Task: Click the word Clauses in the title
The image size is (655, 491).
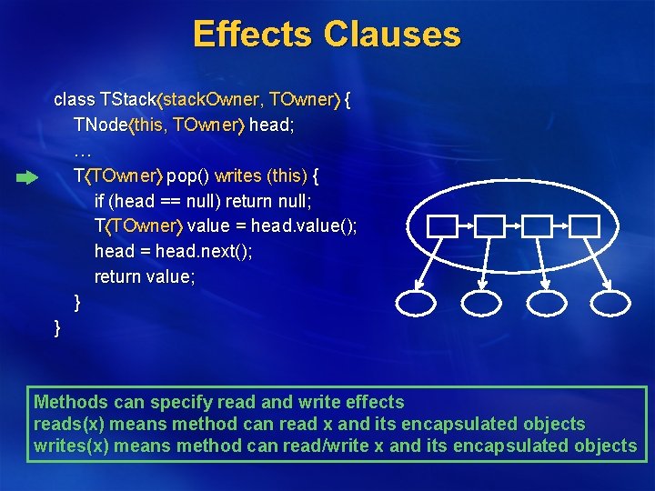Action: pos(391,34)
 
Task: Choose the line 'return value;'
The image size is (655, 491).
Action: pos(145,276)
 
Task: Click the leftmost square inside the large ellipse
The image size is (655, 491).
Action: pos(442,226)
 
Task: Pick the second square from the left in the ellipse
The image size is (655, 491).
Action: pos(491,226)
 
